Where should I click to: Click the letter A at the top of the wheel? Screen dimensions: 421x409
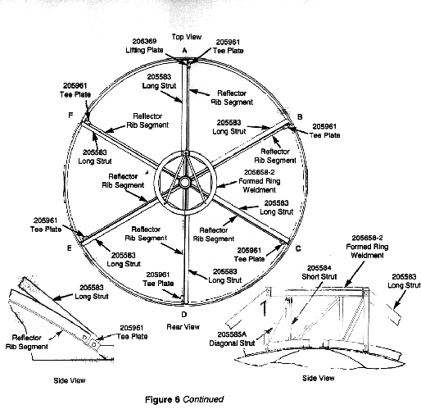185,51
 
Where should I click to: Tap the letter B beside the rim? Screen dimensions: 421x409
300,117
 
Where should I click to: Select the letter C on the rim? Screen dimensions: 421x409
298,248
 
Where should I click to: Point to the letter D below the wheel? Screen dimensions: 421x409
184,315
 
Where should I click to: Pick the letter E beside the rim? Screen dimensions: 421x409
70,248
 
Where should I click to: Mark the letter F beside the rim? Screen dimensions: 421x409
70,116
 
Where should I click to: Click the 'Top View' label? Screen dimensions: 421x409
187,37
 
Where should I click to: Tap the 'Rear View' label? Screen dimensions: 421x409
183,327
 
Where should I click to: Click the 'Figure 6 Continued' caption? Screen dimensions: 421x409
184,399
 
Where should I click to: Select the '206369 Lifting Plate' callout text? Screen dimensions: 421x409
144,46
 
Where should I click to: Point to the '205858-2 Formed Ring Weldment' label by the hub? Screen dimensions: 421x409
260,181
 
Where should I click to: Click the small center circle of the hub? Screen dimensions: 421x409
184,182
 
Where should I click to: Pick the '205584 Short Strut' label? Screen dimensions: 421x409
319,272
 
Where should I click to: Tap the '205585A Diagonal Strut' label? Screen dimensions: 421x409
232,339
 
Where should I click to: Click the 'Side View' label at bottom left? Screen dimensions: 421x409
70,380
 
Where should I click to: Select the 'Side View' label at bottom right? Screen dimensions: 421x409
319,378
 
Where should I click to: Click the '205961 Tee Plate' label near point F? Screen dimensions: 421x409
75,90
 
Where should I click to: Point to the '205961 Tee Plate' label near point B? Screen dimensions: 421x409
324,130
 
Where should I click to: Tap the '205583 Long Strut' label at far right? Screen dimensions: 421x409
404,281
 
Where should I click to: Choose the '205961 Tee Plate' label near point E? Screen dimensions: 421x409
46,225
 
